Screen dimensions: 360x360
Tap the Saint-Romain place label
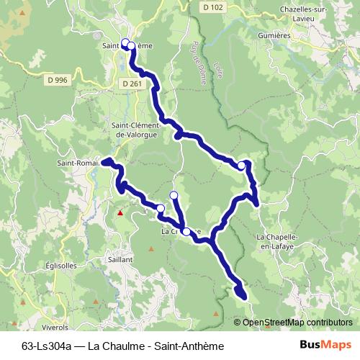(78, 163)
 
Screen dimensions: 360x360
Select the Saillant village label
(117, 258)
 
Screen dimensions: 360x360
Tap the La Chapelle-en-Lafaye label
(281, 241)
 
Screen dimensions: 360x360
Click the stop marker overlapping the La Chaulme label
(186, 231)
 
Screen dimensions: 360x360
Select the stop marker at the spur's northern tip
(174, 195)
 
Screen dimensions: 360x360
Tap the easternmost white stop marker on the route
(241, 166)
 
